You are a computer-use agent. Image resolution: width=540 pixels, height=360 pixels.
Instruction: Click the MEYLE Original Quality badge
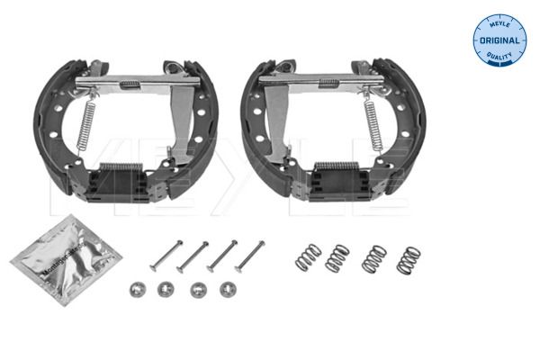pos(499,40)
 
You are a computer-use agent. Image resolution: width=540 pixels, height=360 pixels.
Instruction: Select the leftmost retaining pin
pos(166,256)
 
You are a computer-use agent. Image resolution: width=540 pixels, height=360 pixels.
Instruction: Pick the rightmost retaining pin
pos(249,256)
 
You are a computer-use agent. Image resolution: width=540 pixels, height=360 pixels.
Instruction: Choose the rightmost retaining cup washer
pos(226,289)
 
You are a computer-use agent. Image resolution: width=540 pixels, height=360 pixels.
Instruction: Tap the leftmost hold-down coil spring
pos(308,256)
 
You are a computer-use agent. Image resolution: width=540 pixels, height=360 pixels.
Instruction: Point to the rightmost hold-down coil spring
pos(408,260)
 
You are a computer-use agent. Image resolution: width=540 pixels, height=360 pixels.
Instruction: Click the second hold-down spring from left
pos(337,257)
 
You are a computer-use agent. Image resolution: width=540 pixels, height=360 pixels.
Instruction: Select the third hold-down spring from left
pos(373,259)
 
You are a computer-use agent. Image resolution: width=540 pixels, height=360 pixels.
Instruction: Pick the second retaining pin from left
pos(193,256)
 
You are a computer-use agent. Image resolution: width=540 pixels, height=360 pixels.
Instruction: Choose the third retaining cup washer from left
pos(197,289)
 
